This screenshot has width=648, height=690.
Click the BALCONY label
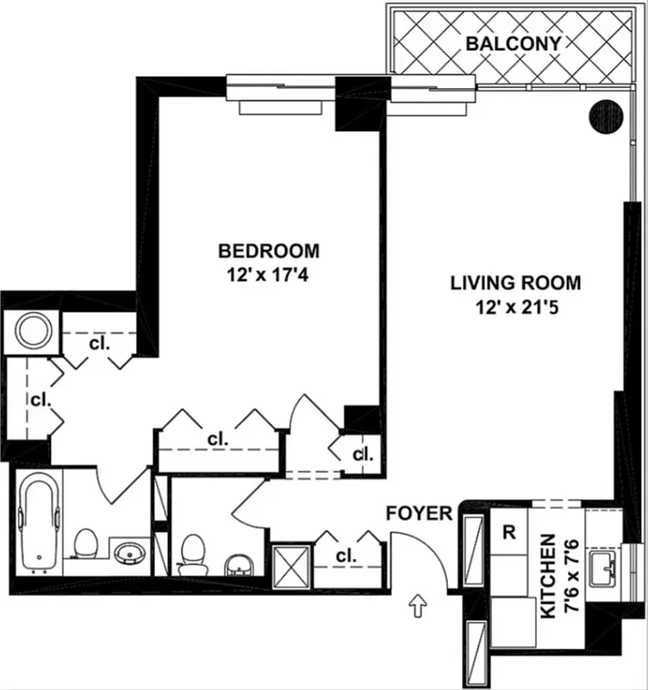[514, 43]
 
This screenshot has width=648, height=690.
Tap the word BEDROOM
[269, 251]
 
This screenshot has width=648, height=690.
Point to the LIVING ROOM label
[515, 282]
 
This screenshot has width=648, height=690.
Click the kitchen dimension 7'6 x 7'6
[570, 575]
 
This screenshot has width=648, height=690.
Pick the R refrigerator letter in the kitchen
[510, 532]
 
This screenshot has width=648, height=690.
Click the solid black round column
[606, 116]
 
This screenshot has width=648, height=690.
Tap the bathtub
[37, 523]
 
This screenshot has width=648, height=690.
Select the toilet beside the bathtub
[84, 545]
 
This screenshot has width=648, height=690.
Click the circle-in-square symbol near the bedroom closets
[32, 329]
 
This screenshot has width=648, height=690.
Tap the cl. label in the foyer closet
[346, 556]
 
